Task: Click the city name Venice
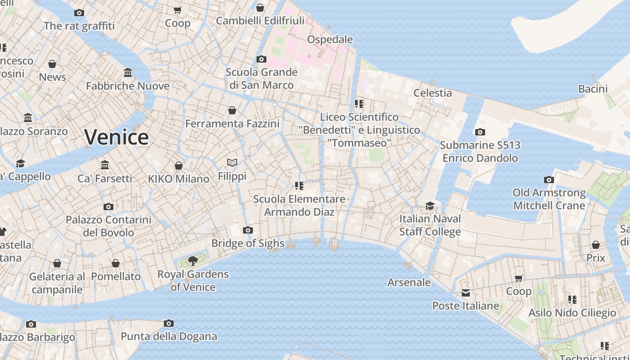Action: pyautogui.click(x=116, y=137)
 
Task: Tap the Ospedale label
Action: pyautogui.click(x=330, y=40)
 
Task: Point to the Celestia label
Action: pyautogui.click(x=432, y=93)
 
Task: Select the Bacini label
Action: pyautogui.click(x=593, y=89)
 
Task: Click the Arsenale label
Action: pyautogui.click(x=409, y=283)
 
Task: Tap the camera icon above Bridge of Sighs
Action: pyautogui.click(x=247, y=230)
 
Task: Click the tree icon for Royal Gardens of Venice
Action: pyautogui.click(x=193, y=261)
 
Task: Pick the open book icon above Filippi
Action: pyautogui.click(x=232, y=162)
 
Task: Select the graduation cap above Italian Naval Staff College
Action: pyautogui.click(x=430, y=206)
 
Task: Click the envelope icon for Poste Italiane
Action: pyautogui.click(x=465, y=293)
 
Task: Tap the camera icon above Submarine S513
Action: pyautogui.click(x=480, y=132)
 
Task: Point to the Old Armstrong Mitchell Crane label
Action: pyautogui.click(x=549, y=199)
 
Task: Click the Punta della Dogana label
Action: pyautogui.click(x=169, y=336)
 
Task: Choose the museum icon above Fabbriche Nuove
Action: pyautogui.click(x=128, y=72)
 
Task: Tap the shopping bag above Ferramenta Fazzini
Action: pyautogui.click(x=232, y=110)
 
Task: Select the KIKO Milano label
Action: pyautogui.click(x=179, y=179)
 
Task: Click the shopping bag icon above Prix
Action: pyautogui.click(x=596, y=245)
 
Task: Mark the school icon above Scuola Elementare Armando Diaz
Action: pyautogui.click(x=299, y=185)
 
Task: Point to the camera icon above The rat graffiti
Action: pyautogui.click(x=79, y=13)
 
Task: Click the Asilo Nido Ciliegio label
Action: pyautogui.click(x=572, y=313)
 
